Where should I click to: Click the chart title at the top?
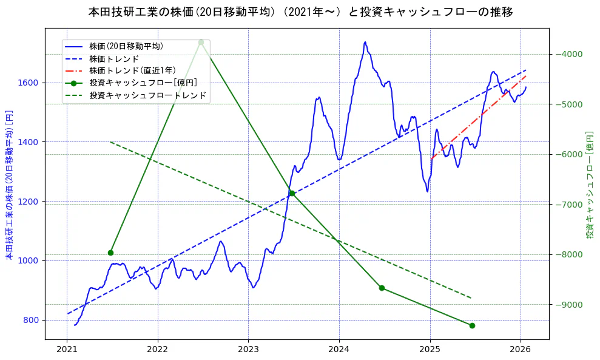[300, 12]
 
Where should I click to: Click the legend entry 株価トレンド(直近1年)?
[132, 70]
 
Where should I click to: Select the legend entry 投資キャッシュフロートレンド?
[147, 95]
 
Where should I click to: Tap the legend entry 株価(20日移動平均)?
[126, 46]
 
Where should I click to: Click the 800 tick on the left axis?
[32, 320]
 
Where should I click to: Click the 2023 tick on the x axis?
[248, 350]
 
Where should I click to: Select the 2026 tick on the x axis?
[521, 350]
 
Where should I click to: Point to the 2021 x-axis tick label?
[67, 350]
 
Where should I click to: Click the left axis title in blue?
[9, 184]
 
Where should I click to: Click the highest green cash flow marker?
[201, 42]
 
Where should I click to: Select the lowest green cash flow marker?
[472, 325]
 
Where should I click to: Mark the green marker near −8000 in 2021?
[110, 253]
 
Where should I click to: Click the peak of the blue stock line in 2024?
[365, 42]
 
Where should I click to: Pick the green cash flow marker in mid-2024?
[382, 288]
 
